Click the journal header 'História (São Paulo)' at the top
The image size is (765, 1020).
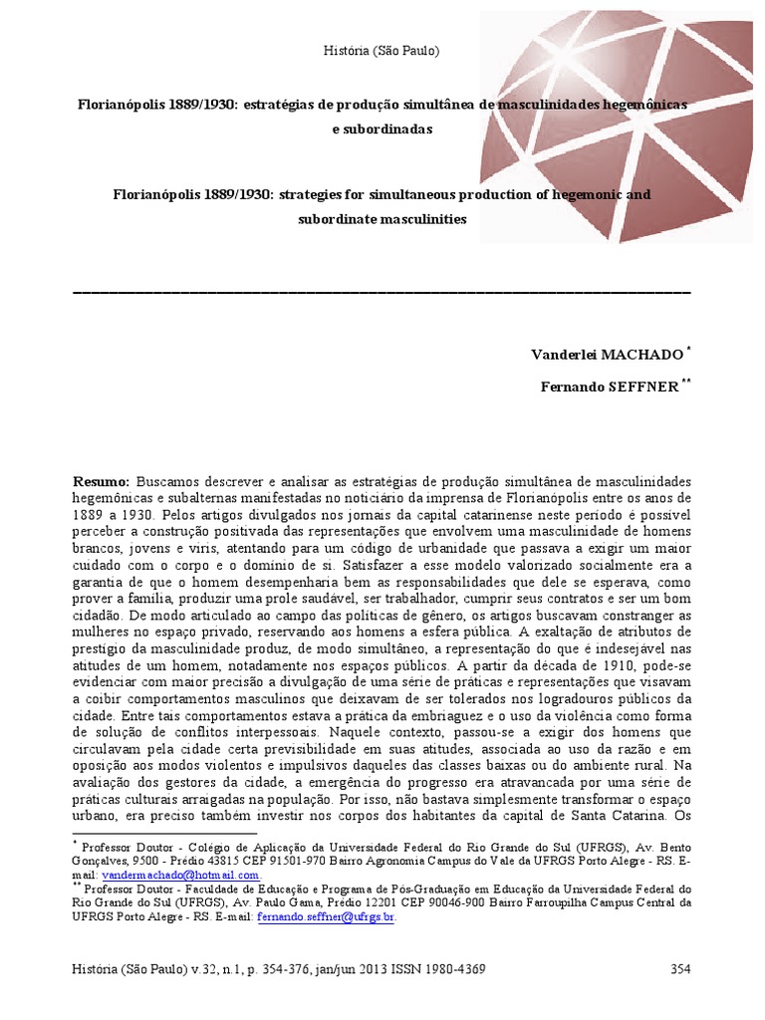(x=382, y=50)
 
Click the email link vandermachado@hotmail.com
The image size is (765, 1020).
(x=166, y=875)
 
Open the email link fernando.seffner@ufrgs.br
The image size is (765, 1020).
(x=326, y=916)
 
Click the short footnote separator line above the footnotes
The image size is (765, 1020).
(x=165, y=833)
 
